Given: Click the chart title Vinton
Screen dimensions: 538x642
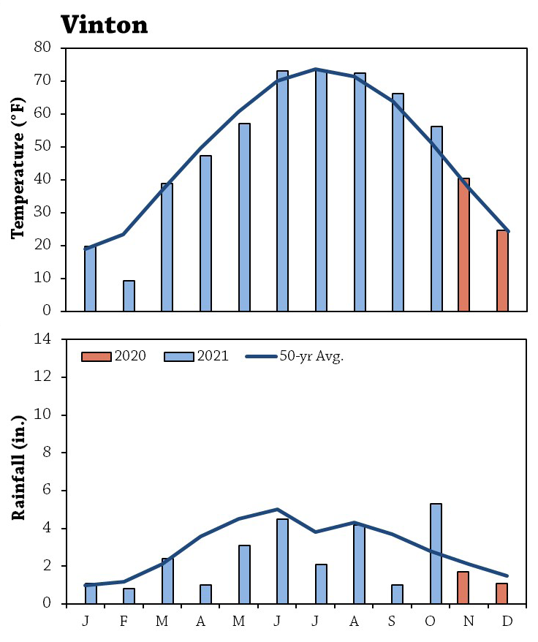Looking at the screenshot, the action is click(105, 25).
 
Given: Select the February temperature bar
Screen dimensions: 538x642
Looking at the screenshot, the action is click(129, 295).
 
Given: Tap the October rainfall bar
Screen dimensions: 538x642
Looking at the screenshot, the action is click(436, 554).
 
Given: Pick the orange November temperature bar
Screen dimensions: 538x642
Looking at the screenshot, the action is click(464, 245).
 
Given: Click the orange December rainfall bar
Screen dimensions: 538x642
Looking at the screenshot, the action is click(502, 593).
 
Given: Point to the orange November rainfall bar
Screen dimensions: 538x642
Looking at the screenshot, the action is click(463, 588).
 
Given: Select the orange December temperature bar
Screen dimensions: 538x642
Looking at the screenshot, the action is click(502, 271).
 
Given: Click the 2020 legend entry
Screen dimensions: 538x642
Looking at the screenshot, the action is click(114, 356).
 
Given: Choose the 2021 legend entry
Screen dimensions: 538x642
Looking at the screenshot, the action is click(197, 356).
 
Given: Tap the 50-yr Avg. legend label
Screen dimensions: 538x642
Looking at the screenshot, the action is click(311, 357).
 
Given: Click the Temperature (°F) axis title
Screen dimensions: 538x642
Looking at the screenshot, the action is click(18, 168).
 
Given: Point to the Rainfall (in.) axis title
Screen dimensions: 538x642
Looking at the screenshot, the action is click(18, 468).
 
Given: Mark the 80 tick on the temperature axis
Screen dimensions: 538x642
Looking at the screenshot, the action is click(43, 48).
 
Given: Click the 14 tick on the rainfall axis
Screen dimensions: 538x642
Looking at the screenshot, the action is click(43, 339).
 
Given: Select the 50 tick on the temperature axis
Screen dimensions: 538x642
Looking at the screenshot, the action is click(43, 146).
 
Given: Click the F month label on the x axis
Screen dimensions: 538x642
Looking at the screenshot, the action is click(124, 621).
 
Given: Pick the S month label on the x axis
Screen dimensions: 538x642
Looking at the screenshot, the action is click(392, 621).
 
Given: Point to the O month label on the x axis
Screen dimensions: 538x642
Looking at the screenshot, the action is click(430, 621).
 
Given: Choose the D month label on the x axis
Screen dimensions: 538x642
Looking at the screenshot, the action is click(507, 621).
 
